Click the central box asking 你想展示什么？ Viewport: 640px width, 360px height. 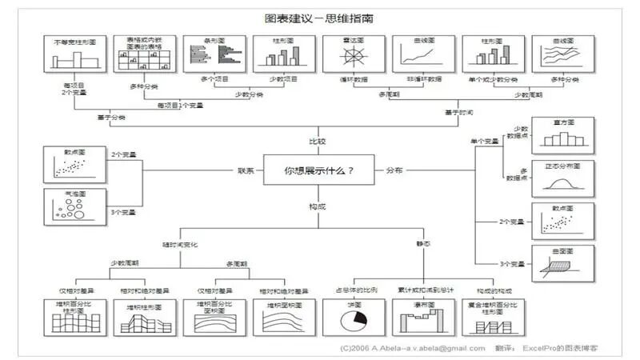click(x=318, y=170)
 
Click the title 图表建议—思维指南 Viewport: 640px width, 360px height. click(x=319, y=17)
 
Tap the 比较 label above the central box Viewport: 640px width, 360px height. click(x=318, y=141)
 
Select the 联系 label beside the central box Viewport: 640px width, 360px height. click(x=246, y=170)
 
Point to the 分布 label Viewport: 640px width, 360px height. click(x=394, y=170)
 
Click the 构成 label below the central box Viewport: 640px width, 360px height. click(x=318, y=206)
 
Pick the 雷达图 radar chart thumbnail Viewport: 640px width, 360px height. click(x=353, y=54)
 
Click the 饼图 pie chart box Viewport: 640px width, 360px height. click(x=353, y=316)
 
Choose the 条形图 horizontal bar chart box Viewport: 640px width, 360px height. click(x=213, y=54)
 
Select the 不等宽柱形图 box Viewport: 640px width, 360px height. click(x=74, y=54)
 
